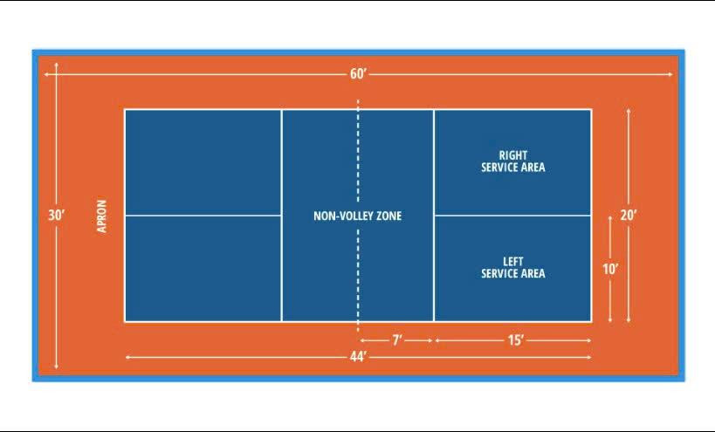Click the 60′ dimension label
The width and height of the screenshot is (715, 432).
coord(359,74)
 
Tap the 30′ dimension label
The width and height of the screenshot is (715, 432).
coord(57,215)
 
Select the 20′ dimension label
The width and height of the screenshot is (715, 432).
coord(629,215)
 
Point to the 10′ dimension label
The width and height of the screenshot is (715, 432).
coord(610,270)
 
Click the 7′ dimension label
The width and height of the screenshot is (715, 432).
coord(397,340)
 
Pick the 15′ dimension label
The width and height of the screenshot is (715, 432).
coord(516,340)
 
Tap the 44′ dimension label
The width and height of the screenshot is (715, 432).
coord(359,357)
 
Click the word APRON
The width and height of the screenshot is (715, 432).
coord(101,216)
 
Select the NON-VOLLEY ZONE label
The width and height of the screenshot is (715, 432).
coord(358,216)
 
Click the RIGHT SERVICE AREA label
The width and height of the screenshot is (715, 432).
coord(513,161)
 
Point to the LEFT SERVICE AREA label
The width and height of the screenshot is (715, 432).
coord(513,268)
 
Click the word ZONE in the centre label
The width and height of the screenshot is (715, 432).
coord(388,216)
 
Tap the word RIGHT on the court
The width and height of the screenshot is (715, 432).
coord(513,155)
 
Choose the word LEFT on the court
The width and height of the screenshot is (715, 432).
coord(513,262)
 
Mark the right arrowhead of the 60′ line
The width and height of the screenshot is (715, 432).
coord(670,74)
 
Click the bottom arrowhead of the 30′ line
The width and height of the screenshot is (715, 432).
coord(57,366)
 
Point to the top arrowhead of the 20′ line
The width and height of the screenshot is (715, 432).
coord(629,111)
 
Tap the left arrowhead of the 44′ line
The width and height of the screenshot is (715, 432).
coord(128,357)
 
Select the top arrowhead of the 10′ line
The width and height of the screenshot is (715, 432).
coord(610,218)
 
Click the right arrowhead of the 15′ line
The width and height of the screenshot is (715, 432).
coord(588,340)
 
